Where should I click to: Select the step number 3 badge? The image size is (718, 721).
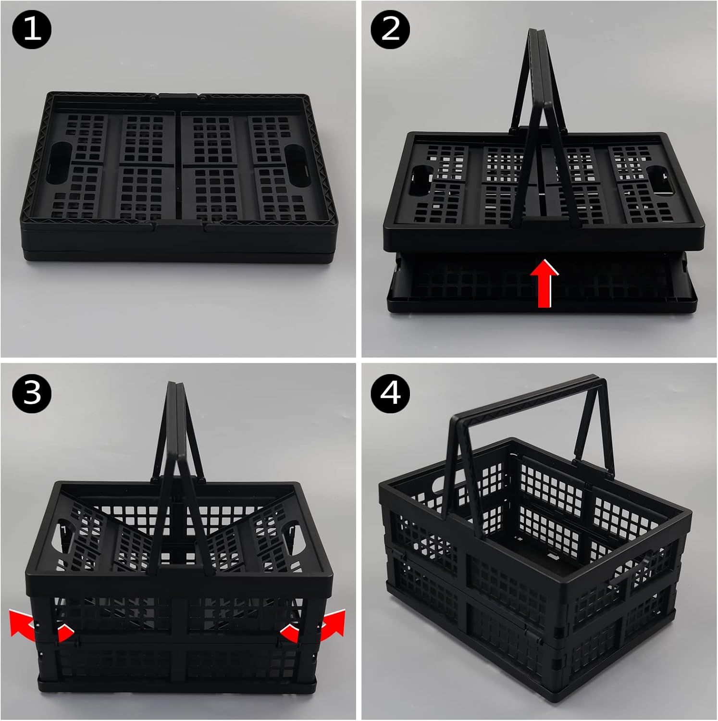point(32,393)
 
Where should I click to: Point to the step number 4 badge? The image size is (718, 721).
point(390,393)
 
